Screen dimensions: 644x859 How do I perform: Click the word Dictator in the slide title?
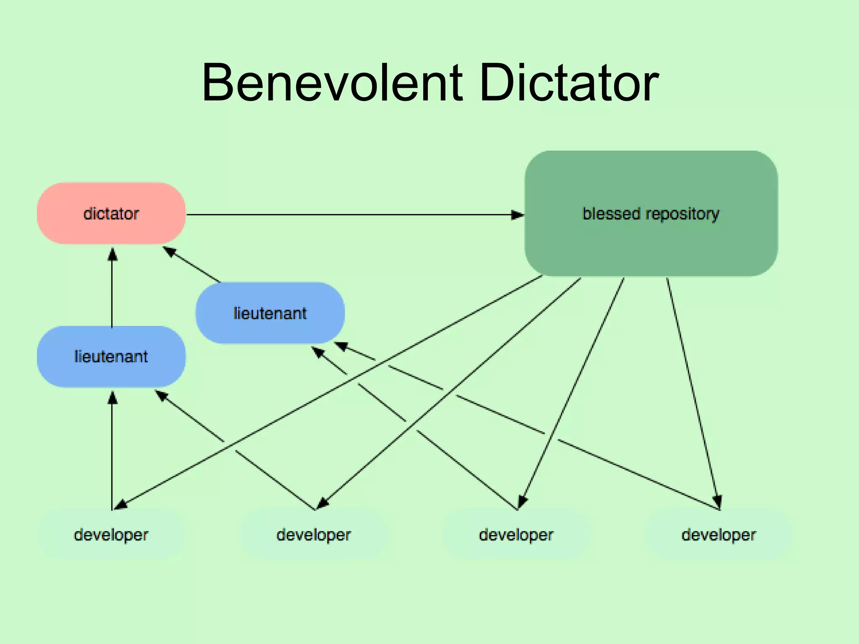coord(568,83)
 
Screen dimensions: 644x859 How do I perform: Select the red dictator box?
coord(111,213)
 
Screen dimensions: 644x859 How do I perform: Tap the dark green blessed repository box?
coord(651,243)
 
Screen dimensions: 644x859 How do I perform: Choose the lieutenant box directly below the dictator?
coord(111,356)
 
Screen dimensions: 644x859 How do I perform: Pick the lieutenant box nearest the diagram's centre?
coord(270,313)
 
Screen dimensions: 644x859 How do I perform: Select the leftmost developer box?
coord(111,535)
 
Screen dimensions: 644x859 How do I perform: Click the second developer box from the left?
coord(314,535)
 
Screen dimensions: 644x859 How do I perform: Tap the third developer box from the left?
coord(516,535)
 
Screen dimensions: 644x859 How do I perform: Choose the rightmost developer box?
coord(718,535)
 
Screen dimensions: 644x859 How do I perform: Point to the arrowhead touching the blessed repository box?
coord(518,215)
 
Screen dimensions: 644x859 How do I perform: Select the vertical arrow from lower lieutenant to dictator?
coord(112,289)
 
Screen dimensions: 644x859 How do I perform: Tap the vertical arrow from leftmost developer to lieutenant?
coord(112,453)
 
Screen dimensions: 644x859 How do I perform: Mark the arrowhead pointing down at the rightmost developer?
coord(717,501)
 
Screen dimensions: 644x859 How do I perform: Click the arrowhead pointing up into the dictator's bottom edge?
coord(112,254)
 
